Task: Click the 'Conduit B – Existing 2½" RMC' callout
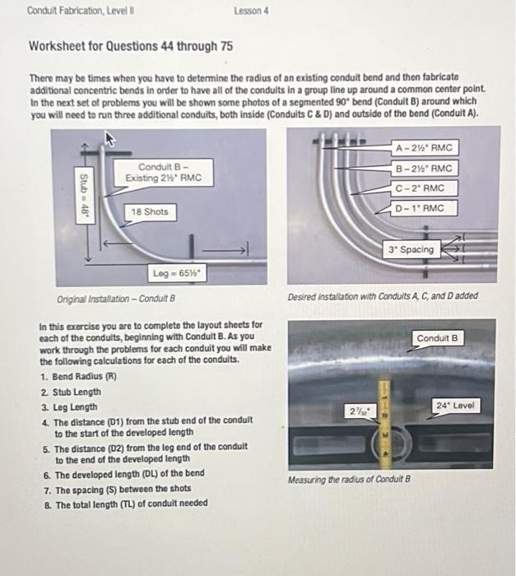[164, 172]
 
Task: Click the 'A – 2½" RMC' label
[425, 149]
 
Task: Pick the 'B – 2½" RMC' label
[425, 169]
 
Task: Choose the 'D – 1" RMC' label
[420, 208]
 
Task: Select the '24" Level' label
[457, 405]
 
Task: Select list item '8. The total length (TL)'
[125, 504]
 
